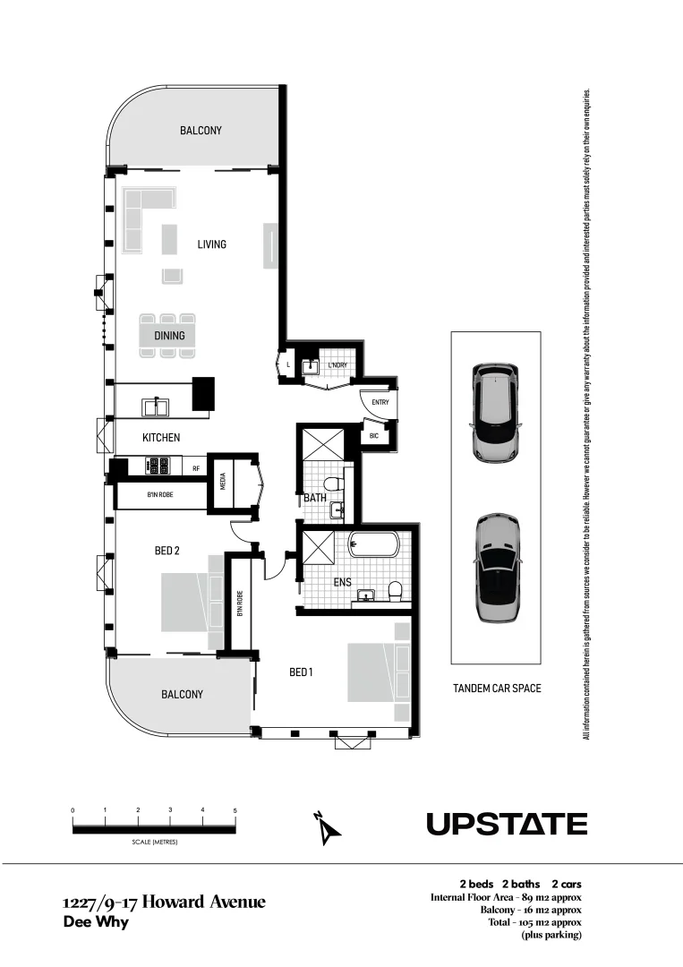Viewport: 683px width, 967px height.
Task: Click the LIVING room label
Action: (212, 244)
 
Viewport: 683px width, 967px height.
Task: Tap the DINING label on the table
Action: (169, 336)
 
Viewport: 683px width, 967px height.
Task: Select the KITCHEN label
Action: (161, 438)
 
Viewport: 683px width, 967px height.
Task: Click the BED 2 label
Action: (167, 551)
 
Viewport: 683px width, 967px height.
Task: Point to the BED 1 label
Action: (301, 672)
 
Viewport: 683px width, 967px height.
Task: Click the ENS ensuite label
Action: (342, 583)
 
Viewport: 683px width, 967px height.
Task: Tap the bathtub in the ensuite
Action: (380, 545)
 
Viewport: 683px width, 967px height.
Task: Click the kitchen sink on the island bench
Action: (158, 407)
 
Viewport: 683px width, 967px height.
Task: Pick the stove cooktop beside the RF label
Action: (158, 466)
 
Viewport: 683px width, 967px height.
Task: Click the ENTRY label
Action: (380, 403)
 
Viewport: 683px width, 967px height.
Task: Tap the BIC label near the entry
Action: (374, 436)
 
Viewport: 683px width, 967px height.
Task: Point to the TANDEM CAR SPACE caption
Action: (496, 689)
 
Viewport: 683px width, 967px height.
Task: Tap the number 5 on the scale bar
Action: (235, 810)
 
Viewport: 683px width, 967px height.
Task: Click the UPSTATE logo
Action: (507, 824)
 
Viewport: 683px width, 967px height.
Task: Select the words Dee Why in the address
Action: (96, 922)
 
